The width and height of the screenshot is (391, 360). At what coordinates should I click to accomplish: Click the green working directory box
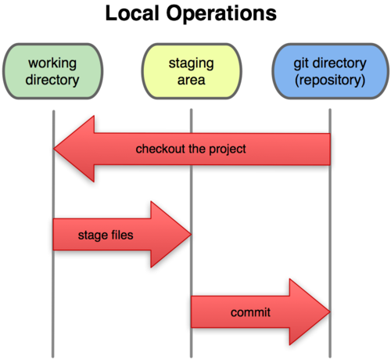point(52,70)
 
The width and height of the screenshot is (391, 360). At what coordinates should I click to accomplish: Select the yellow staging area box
point(192,70)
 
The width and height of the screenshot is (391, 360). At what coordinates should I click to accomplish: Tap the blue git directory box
point(329,70)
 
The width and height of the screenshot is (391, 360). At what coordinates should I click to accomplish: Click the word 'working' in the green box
point(52,63)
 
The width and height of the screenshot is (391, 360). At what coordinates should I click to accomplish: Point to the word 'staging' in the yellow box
point(192,63)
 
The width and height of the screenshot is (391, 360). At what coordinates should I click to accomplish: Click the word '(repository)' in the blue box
point(329,79)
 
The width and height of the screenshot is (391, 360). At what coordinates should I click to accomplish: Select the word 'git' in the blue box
point(300,63)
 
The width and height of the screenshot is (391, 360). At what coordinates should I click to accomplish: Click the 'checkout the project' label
point(191,149)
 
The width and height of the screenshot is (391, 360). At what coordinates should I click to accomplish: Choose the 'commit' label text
point(250,312)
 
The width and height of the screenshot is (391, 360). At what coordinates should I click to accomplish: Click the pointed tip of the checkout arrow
point(55,149)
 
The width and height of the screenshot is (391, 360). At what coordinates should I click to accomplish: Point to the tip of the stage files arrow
point(190,234)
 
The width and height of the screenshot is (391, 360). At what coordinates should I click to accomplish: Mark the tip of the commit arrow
point(328,312)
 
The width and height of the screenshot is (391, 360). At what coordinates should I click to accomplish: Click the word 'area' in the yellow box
point(192,79)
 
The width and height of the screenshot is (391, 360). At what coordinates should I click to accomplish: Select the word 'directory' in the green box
point(52,79)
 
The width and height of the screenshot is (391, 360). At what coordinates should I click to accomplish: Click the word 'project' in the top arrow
point(228,149)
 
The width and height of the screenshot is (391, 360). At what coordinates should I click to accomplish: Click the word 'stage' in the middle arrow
point(91,234)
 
